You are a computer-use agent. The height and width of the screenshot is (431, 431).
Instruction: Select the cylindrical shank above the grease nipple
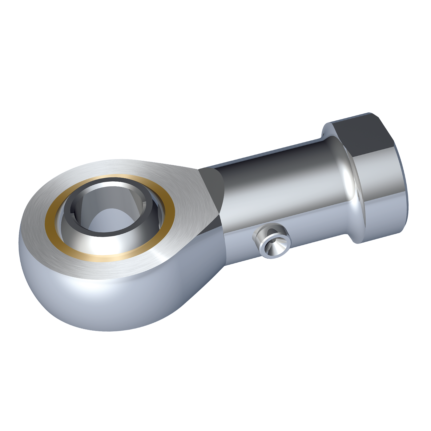click(277, 191)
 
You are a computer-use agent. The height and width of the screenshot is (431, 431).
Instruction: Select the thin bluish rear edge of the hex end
click(407, 200)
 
